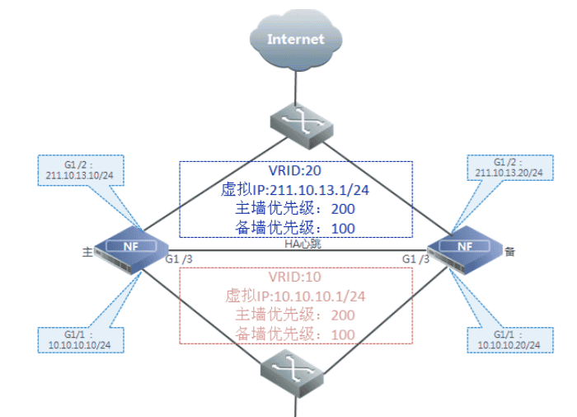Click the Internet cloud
295,39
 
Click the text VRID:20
295,172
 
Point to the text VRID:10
295,277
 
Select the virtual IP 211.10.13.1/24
295,190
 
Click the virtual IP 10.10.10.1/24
295,296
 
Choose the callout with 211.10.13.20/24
509,168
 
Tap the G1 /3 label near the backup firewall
415,259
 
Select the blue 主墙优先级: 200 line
295,209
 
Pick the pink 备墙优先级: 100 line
295,334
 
